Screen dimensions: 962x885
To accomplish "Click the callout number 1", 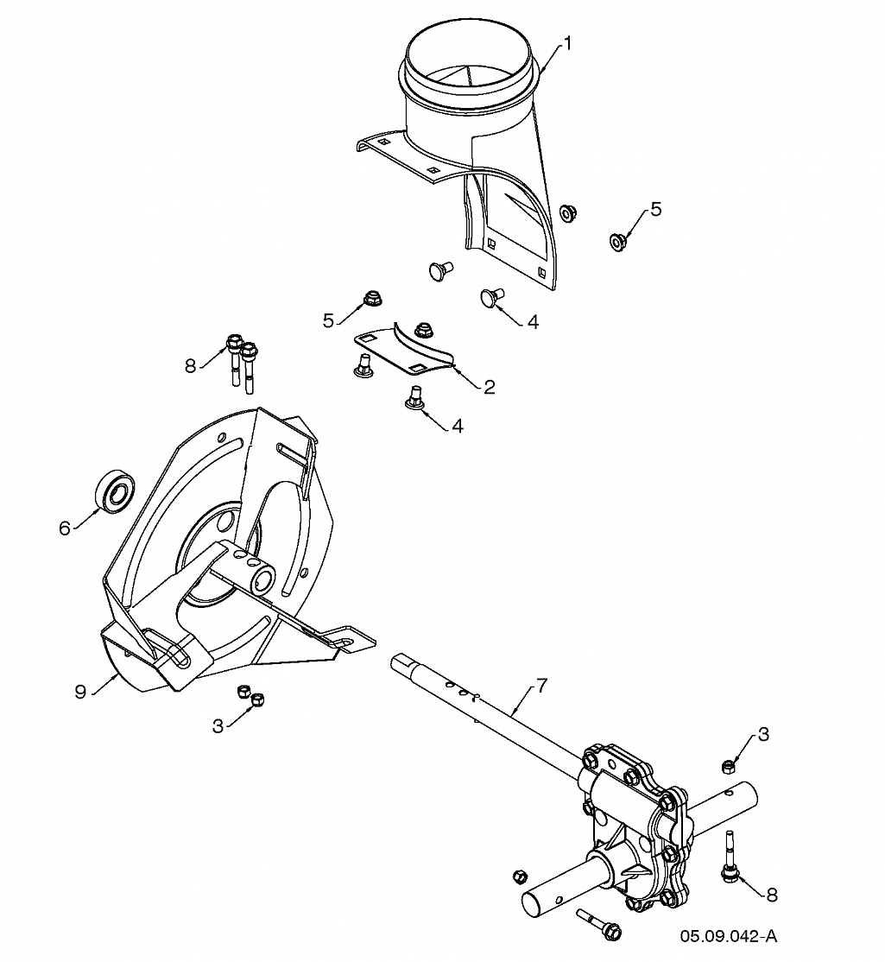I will click(x=567, y=41).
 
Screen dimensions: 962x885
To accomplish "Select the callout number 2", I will click(x=490, y=387).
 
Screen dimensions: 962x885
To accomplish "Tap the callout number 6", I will click(x=65, y=528).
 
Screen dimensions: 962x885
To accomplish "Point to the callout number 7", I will click(x=541, y=687).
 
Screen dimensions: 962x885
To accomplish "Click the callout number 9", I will click(x=79, y=692).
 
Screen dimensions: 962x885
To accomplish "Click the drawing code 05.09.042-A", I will click(x=728, y=936).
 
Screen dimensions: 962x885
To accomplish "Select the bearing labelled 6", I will click(x=114, y=493).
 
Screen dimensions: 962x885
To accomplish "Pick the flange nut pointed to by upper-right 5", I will click(x=617, y=241).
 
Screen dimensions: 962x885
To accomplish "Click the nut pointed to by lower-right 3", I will click(x=729, y=765).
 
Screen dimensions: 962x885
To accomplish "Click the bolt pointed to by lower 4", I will click(x=414, y=399).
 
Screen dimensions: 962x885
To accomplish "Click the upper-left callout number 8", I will click(x=191, y=365).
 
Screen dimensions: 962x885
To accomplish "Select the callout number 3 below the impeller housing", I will click(x=218, y=726).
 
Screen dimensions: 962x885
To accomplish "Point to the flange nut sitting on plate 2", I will click(x=423, y=328).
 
